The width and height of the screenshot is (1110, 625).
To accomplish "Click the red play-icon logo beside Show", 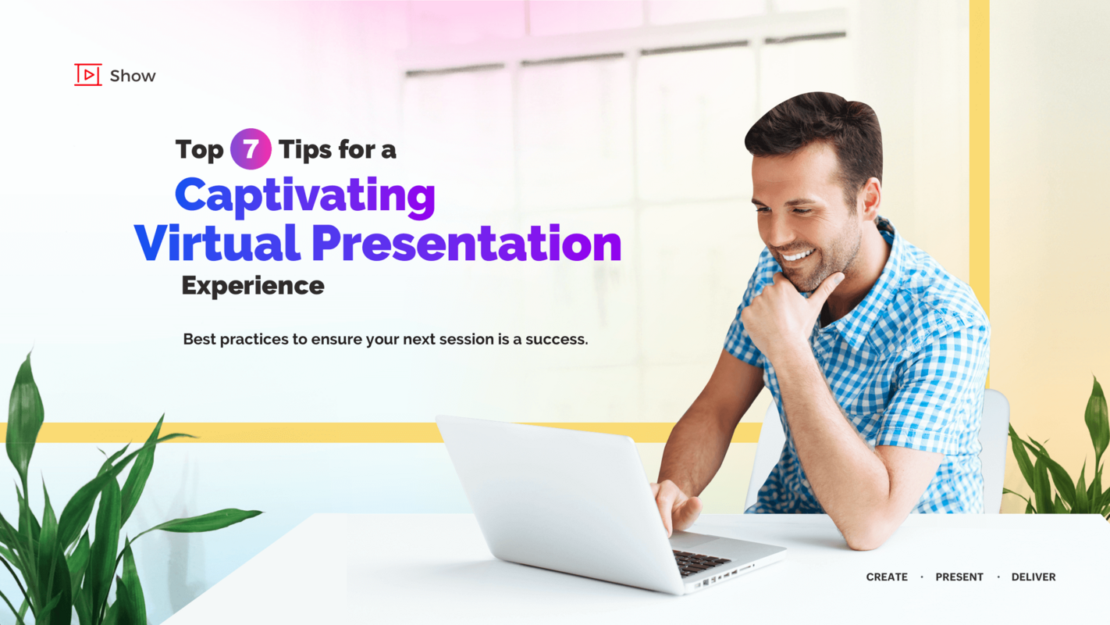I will click(x=87, y=75).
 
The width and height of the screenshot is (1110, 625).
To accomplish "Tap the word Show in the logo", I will click(x=133, y=76).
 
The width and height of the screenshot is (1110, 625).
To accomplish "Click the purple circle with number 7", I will click(x=251, y=148).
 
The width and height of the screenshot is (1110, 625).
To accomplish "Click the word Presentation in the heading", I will click(x=466, y=243).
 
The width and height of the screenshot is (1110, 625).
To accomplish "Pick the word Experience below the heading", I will click(x=252, y=286).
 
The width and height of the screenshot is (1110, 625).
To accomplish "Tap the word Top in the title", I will click(x=199, y=149).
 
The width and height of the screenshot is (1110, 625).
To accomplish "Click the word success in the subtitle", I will click(x=555, y=339).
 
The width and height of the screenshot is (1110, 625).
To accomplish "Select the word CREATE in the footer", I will click(x=887, y=577).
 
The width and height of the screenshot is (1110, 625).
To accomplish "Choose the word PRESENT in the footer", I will click(x=959, y=577).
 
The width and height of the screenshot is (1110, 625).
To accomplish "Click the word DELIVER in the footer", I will click(x=1034, y=577).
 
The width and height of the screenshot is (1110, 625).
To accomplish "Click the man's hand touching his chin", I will click(x=781, y=312).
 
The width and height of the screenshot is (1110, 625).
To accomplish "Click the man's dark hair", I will click(x=816, y=125).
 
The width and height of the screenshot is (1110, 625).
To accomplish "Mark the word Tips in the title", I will click(x=304, y=149).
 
